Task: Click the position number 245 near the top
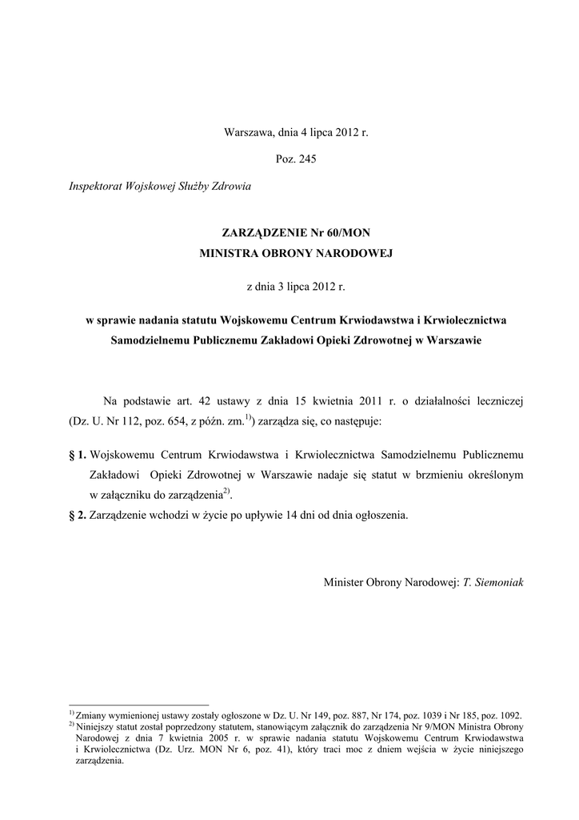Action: pyautogui.click(x=308, y=159)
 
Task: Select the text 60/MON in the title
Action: pyautogui.click(x=349, y=232)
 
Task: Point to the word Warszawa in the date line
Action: pyautogui.click(x=248, y=131)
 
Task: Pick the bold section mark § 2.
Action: pyautogui.click(x=78, y=515)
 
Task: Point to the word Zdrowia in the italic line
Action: pyautogui.click(x=232, y=187)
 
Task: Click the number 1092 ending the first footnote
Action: pyautogui.click(x=508, y=715)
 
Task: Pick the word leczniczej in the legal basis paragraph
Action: pyautogui.click(x=495, y=400)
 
